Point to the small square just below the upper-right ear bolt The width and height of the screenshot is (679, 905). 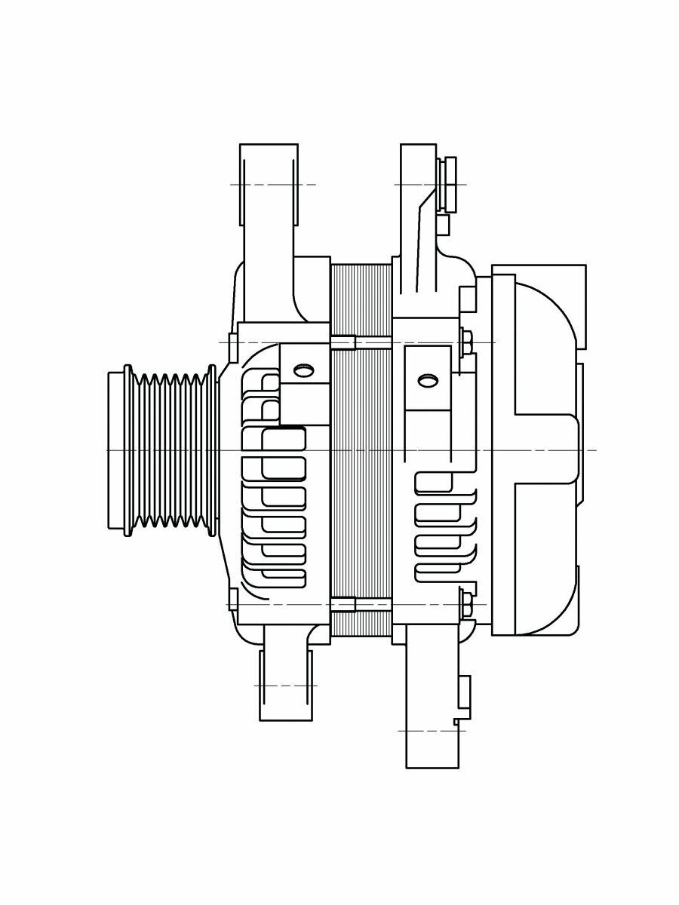(x=444, y=225)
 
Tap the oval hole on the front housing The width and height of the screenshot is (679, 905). (x=303, y=370)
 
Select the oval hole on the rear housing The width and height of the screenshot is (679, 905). (x=428, y=379)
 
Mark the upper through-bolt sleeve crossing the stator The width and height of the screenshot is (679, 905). (x=343, y=342)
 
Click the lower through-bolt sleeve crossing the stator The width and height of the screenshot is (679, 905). (x=343, y=604)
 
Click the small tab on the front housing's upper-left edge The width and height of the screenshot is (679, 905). (x=233, y=343)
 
